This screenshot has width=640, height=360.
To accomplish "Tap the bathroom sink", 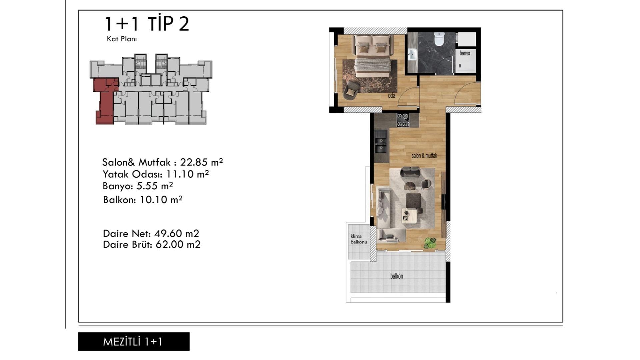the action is click(412, 54).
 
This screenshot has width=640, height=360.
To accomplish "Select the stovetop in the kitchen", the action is click(403, 120).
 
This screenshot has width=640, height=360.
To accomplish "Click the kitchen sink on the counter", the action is click(380, 141).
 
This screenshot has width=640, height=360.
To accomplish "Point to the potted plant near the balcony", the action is click(430, 243).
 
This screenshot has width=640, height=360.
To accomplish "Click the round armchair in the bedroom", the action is click(351, 90).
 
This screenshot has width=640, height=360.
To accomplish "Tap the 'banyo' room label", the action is click(465, 53).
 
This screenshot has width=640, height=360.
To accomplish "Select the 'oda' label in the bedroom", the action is click(392, 96).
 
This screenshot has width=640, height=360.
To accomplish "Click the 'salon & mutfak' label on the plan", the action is click(424, 156).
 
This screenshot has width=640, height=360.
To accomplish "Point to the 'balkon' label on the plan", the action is click(397, 276).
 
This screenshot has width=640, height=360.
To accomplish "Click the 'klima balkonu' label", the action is click(359, 239).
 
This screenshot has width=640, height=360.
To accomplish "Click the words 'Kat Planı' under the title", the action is click(122, 39).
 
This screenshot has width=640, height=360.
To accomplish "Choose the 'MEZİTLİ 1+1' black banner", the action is click(134, 341).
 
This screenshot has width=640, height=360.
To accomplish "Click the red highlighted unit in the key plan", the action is click(105, 100).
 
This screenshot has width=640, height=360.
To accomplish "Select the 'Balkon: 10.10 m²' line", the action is click(143, 200).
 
